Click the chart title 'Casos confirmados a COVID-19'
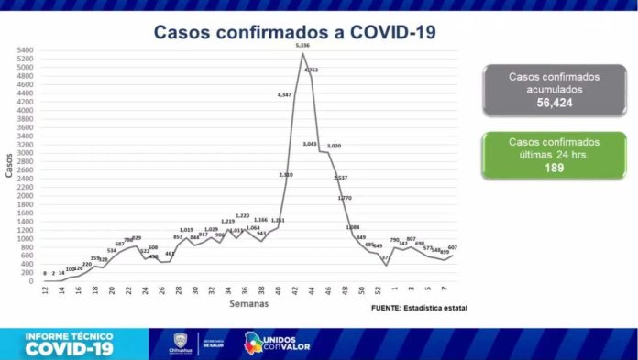coord(294,32)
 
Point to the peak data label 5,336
coord(302,45)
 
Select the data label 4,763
coord(311,70)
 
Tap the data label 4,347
coord(284,95)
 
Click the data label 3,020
coord(334,146)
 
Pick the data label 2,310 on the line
coord(286,173)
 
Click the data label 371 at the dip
coord(387,258)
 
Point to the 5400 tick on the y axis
coord(25,49)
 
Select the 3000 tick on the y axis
coord(25,152)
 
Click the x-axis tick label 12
coord(45,290)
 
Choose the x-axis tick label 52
coord(378,290)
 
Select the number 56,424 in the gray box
coord(554,103)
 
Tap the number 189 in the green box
coord(554,168)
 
